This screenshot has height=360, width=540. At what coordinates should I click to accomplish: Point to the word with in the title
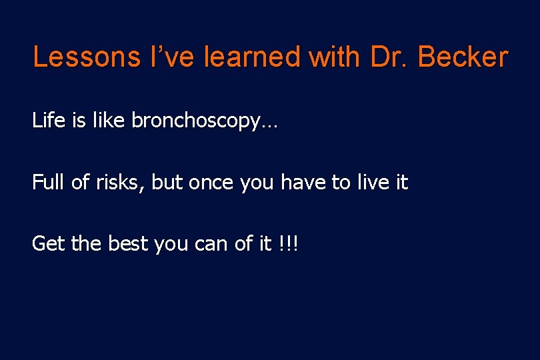click(339, 57)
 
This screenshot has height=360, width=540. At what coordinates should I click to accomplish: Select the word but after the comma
click(167, 182)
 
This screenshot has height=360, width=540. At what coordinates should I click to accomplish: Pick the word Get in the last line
click(47, 243)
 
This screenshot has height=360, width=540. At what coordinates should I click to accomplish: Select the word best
click(126, 243)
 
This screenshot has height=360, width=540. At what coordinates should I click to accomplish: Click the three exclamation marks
click(289, 243)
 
